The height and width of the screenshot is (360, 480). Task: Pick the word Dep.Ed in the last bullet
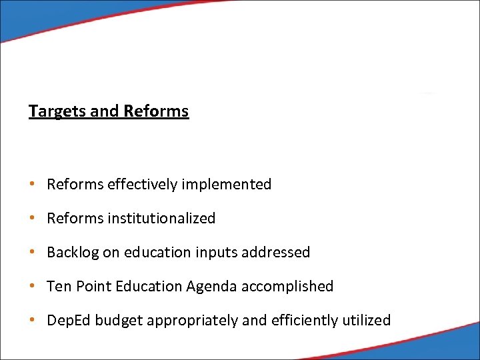pyautogui.click(x=69, y=321)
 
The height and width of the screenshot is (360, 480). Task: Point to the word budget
pyautogui.click(x=119, y=321)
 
